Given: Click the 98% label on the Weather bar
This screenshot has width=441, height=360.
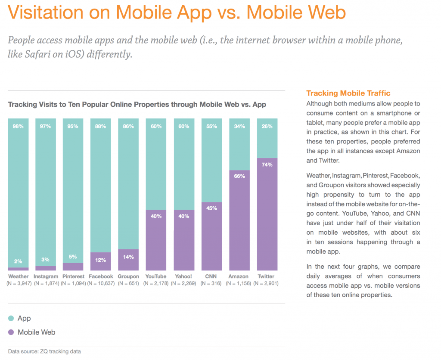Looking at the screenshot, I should click(18, 126).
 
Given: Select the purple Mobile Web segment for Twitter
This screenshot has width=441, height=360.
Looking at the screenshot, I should click(267, 215).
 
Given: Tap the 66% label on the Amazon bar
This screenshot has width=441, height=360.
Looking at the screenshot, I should click(240, 176).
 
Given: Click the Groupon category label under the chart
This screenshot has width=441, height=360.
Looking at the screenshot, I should click(128, 276).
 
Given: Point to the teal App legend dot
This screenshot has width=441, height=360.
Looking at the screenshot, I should click(11, 319).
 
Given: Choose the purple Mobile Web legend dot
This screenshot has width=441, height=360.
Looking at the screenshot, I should click(11, 332).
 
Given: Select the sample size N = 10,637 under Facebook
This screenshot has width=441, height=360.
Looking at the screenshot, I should click(101, 283).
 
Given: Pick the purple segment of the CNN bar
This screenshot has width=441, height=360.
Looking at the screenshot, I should click(212, 237).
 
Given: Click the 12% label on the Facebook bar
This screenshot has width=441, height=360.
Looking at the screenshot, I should click(101, 260).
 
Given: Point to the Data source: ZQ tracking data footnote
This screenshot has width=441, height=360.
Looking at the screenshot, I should click(44, 351).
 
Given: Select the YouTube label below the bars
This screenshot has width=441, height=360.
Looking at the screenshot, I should click(156, 276).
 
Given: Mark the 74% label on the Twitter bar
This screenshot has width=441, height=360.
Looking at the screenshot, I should click(267, 164).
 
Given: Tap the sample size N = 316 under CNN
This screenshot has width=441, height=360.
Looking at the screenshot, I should click(212, 283).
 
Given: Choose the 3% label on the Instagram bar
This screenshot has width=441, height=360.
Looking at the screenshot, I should click(46, 260).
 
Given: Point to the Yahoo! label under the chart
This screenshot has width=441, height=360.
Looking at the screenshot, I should click(184, 276).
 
